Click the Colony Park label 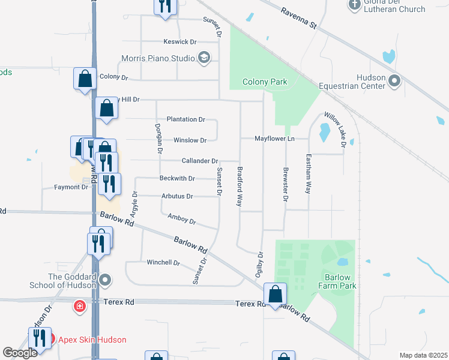[x=265, y=82]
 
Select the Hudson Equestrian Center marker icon [x=394, y=80]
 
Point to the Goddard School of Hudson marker [x=106, y=280]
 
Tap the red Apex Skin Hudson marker [x=49, y=339]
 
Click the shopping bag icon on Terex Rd [x=275, y=295]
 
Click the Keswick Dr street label [x=180, y=42]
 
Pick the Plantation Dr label [x=186, y=119]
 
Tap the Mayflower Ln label [x=275, y=139]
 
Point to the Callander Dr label [x=200, y=161]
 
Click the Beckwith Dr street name [x=177, y=178]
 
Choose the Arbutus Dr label [x=177, y=196]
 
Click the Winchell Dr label [x=163, y=263]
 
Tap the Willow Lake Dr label [x=336, y=128]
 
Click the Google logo [x=20, y=353]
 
